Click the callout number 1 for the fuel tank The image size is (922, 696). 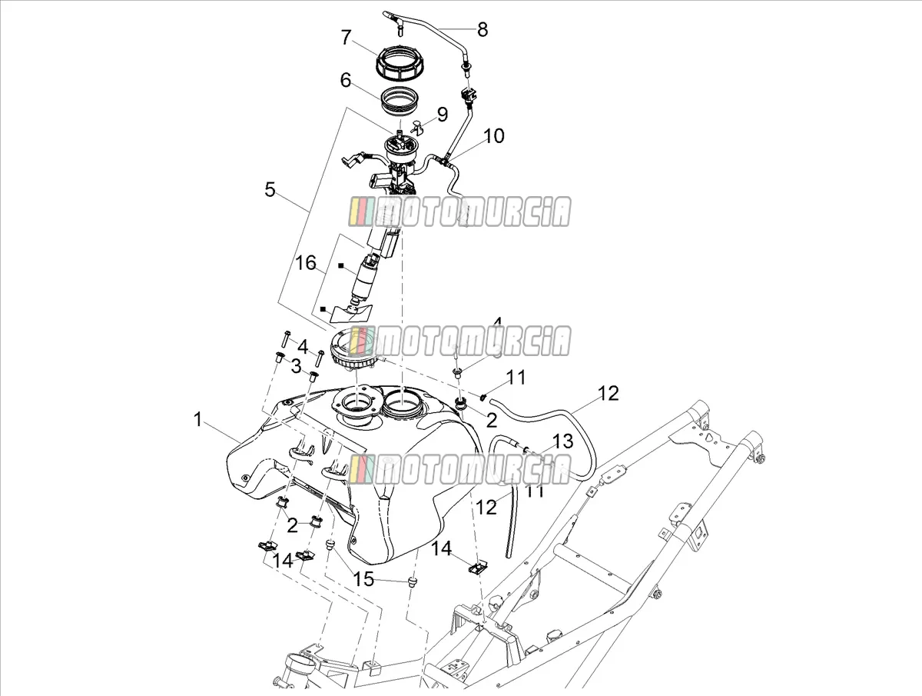click(x=197, y=419)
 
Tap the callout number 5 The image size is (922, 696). click(x=270, y=189)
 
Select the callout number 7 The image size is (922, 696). click(x=346, y=38)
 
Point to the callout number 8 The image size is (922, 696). click(x=483, y=30)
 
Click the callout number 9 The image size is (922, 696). click(x=443, y=115)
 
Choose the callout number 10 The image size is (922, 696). click(x=493, y=136)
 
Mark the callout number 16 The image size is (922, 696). click(x=306, y=263)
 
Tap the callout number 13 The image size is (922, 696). click(x=563, y=441)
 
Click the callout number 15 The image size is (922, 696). click(x=363, y=580)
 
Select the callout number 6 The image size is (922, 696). click(x=346, y=80)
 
